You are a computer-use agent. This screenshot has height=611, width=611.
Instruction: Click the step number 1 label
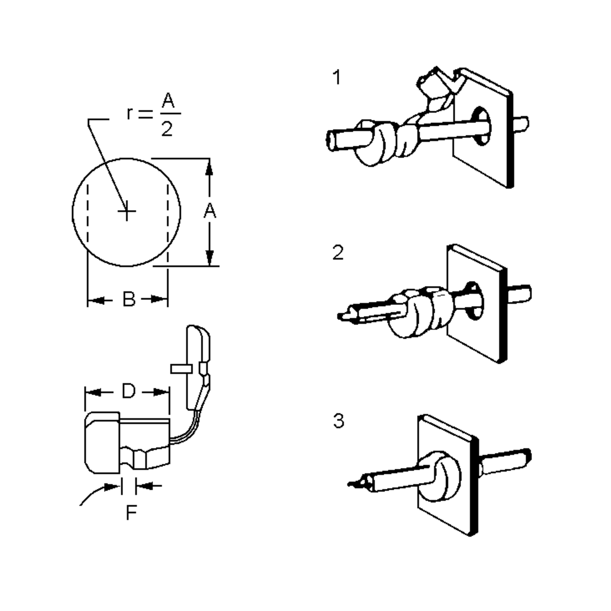click(x=337, y=78)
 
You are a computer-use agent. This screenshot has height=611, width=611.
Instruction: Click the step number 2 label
click(x=338, y=253)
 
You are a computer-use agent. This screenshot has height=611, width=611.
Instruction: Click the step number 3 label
click(x=338, y=421)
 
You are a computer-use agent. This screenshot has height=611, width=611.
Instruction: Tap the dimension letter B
click(x=129, y=299)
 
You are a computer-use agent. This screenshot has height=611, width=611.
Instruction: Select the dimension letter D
click(x=128, y=392)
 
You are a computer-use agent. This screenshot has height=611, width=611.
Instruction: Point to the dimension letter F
click(x=131, y=512)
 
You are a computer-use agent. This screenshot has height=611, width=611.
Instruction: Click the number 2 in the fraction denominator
click(x=167, y=129)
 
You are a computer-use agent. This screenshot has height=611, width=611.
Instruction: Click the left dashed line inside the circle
click(x=88, y=215)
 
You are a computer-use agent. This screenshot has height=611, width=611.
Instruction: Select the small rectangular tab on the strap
click(x=181, y=369)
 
